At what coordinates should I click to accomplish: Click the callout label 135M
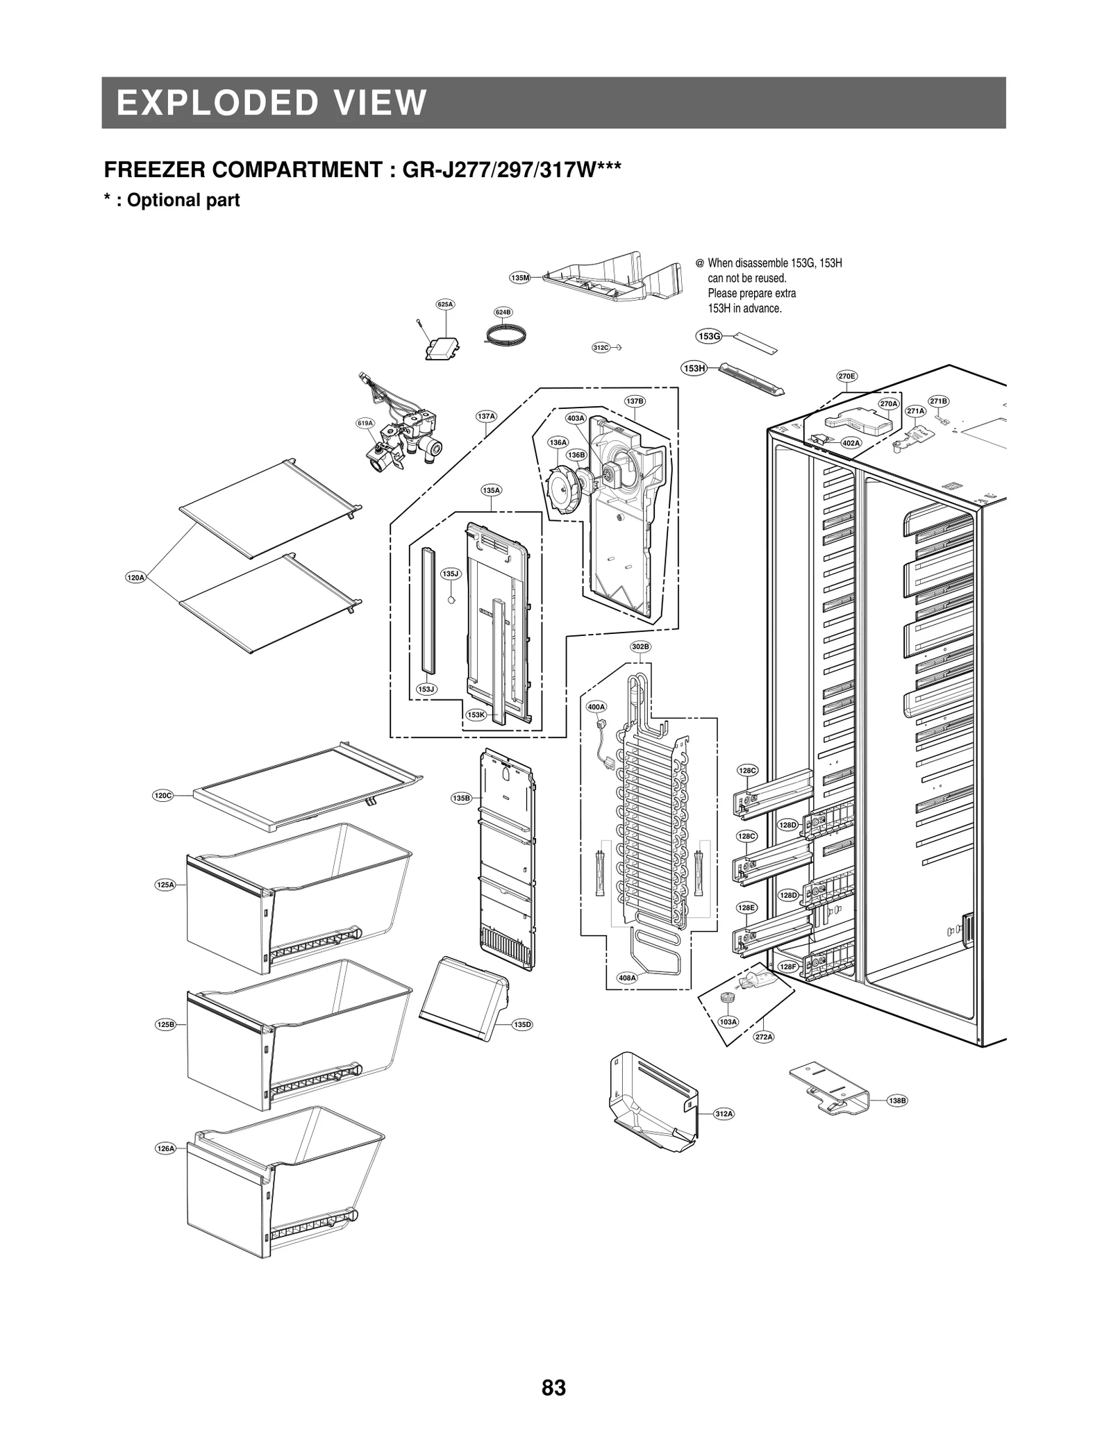click(x=519, y=278)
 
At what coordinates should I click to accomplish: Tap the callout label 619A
click(x=365, y=423)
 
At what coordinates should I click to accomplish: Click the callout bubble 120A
click(x=136, y=577)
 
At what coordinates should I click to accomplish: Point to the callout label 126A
click(x=165, y=1148)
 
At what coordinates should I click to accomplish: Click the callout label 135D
click(x=522, y=1024)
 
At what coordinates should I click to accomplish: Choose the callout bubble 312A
click(x=724, y=1114)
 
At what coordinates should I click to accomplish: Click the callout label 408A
click(x=627, y=978)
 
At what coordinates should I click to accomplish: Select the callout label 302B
click(x=640, y=646)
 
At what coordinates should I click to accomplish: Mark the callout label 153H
click(x=694, y=369)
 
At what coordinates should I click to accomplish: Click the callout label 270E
click(x=846, y=376)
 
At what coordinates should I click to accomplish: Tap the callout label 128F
click(x=787, y=966)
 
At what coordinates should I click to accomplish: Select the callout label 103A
click(x=728, y=1022)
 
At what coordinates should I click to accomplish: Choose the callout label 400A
click(x=596, y=707)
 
